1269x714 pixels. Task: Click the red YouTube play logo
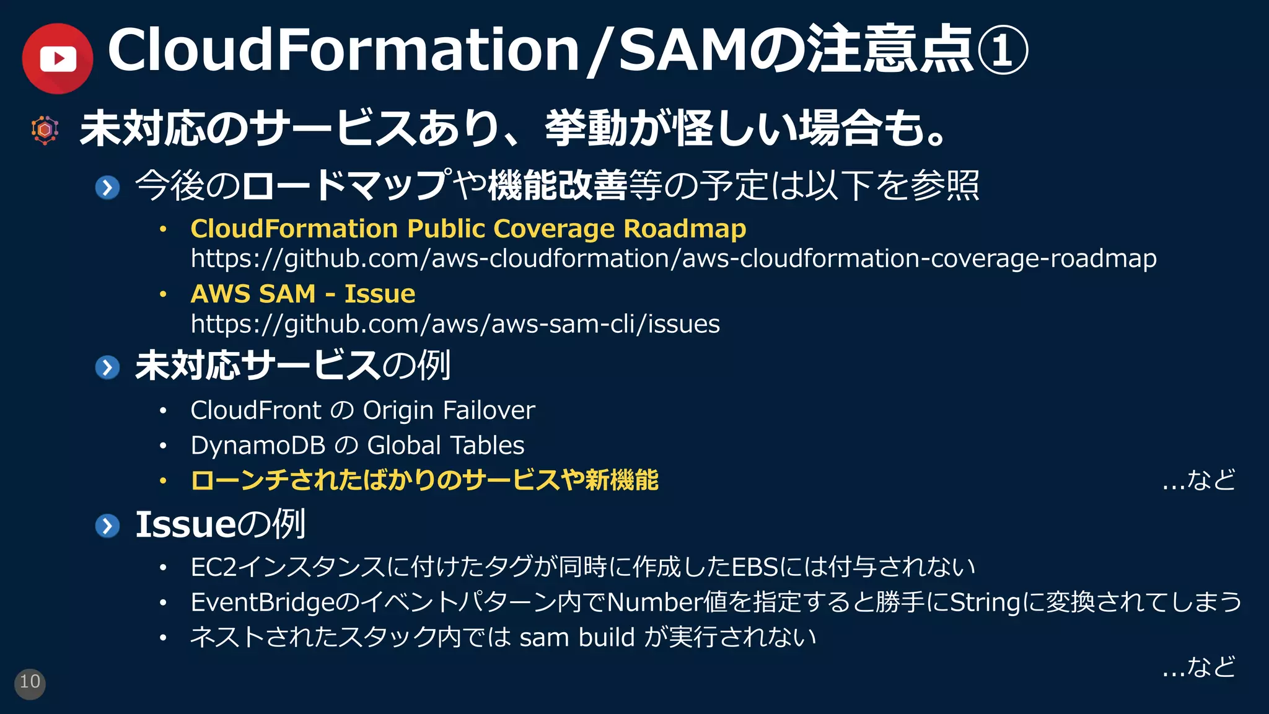(x=58, y=59)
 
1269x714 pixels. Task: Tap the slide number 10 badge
(x=30, y=683)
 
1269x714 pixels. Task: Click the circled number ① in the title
(x=1003, y=50)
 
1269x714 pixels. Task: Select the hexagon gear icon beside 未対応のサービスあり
(x=45, y=130)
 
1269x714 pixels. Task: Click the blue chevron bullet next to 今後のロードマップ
(x=108, y=187)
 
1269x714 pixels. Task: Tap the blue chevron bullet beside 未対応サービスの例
(x=108, y=367)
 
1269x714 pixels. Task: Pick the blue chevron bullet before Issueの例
(x=108, y=526)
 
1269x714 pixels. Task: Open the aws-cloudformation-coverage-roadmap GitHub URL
(x=673, y=258)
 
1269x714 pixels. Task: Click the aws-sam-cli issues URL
(x=455, y=324)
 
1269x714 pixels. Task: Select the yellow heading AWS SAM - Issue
(x=303, y=294)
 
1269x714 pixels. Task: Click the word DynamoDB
(x=258, y=446)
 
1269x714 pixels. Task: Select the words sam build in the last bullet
(x=577, y=637)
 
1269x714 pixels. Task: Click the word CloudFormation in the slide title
(x=343, y=50)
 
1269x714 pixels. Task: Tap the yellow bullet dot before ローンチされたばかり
(x=163, y=481)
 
